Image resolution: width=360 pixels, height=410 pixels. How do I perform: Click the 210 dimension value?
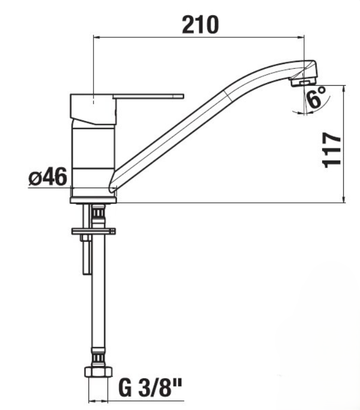tap(200, 25)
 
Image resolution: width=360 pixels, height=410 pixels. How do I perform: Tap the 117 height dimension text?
tap(332, 150)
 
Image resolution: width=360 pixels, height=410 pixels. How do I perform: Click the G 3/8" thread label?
tap(150, 388)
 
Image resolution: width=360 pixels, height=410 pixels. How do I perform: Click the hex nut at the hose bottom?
tap(98, 371)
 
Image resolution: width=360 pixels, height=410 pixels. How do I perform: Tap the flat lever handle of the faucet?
tap(148, 96)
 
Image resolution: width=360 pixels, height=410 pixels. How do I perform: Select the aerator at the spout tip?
tap(304, 82)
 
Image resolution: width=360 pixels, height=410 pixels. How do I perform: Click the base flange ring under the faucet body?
tap(93, 200)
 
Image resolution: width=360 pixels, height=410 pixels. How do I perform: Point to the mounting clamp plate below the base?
tap(93, 231)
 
